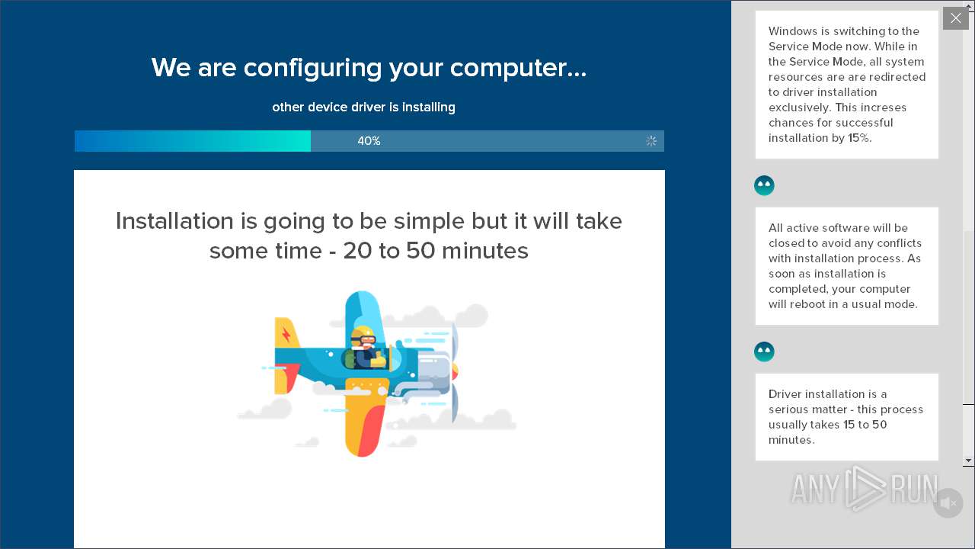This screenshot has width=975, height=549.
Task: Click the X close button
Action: (955, 18)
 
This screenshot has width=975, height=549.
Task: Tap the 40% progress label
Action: (369, 141)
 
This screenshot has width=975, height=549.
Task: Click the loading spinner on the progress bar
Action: (651, 141)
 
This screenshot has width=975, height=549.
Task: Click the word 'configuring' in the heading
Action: (312, 69)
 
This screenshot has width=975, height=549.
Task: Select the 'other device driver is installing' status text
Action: (363, 108)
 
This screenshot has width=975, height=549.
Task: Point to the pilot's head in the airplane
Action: (363, 336)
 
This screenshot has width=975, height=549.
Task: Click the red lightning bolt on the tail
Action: (286, 334)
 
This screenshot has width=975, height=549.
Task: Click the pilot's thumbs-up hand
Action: (379, 359)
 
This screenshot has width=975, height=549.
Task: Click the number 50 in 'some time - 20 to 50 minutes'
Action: (420, 251)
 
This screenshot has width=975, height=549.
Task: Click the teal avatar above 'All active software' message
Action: (764, 185)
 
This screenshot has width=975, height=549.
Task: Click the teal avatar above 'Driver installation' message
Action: (764, 352)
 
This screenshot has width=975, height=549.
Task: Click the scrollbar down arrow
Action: (968, 460)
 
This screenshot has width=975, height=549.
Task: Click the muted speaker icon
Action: (948, 503)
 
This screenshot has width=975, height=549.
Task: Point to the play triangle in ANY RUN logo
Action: (865, 489)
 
